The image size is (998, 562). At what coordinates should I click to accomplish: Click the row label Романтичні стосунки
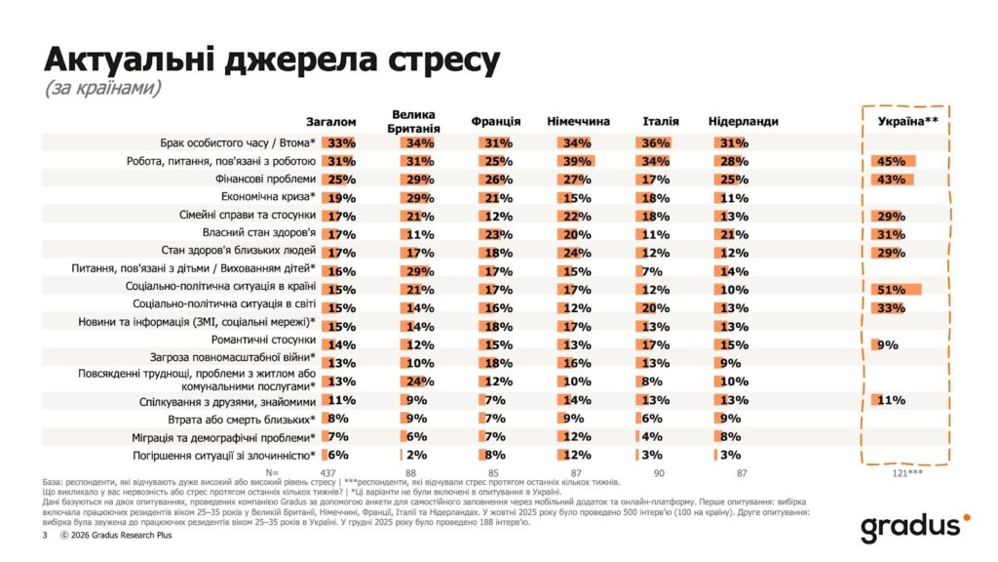coord(263,341)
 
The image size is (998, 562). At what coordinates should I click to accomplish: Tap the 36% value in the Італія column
coord(656,142)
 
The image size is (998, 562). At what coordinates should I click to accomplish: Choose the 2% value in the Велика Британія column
coord(417,454)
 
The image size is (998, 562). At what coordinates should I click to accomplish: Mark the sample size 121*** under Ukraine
coord(907,472)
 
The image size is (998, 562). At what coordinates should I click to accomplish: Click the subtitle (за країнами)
coord(102,89)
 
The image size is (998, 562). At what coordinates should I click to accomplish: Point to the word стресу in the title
coord(426,60)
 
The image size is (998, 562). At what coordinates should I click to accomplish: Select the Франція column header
coord(495,121)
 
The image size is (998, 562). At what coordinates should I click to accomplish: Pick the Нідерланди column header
coord(743,121)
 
